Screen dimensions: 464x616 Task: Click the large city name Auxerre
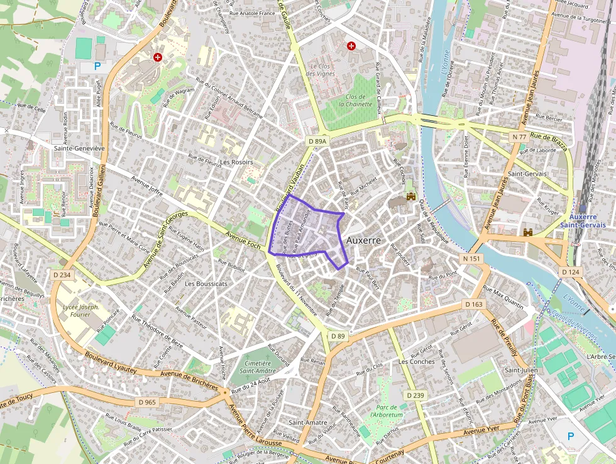363,241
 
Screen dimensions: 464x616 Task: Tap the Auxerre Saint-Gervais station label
581,221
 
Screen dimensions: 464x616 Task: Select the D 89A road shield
318,142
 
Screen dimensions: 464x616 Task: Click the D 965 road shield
146,402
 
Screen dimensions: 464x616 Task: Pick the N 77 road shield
519,137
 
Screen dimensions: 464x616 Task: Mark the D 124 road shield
571,271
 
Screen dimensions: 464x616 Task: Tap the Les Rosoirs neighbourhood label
236,162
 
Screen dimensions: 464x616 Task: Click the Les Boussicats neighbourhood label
206,284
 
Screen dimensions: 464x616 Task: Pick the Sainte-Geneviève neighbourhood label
79,149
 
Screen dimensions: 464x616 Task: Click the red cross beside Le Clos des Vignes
351,46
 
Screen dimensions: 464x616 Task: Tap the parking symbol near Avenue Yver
571,436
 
